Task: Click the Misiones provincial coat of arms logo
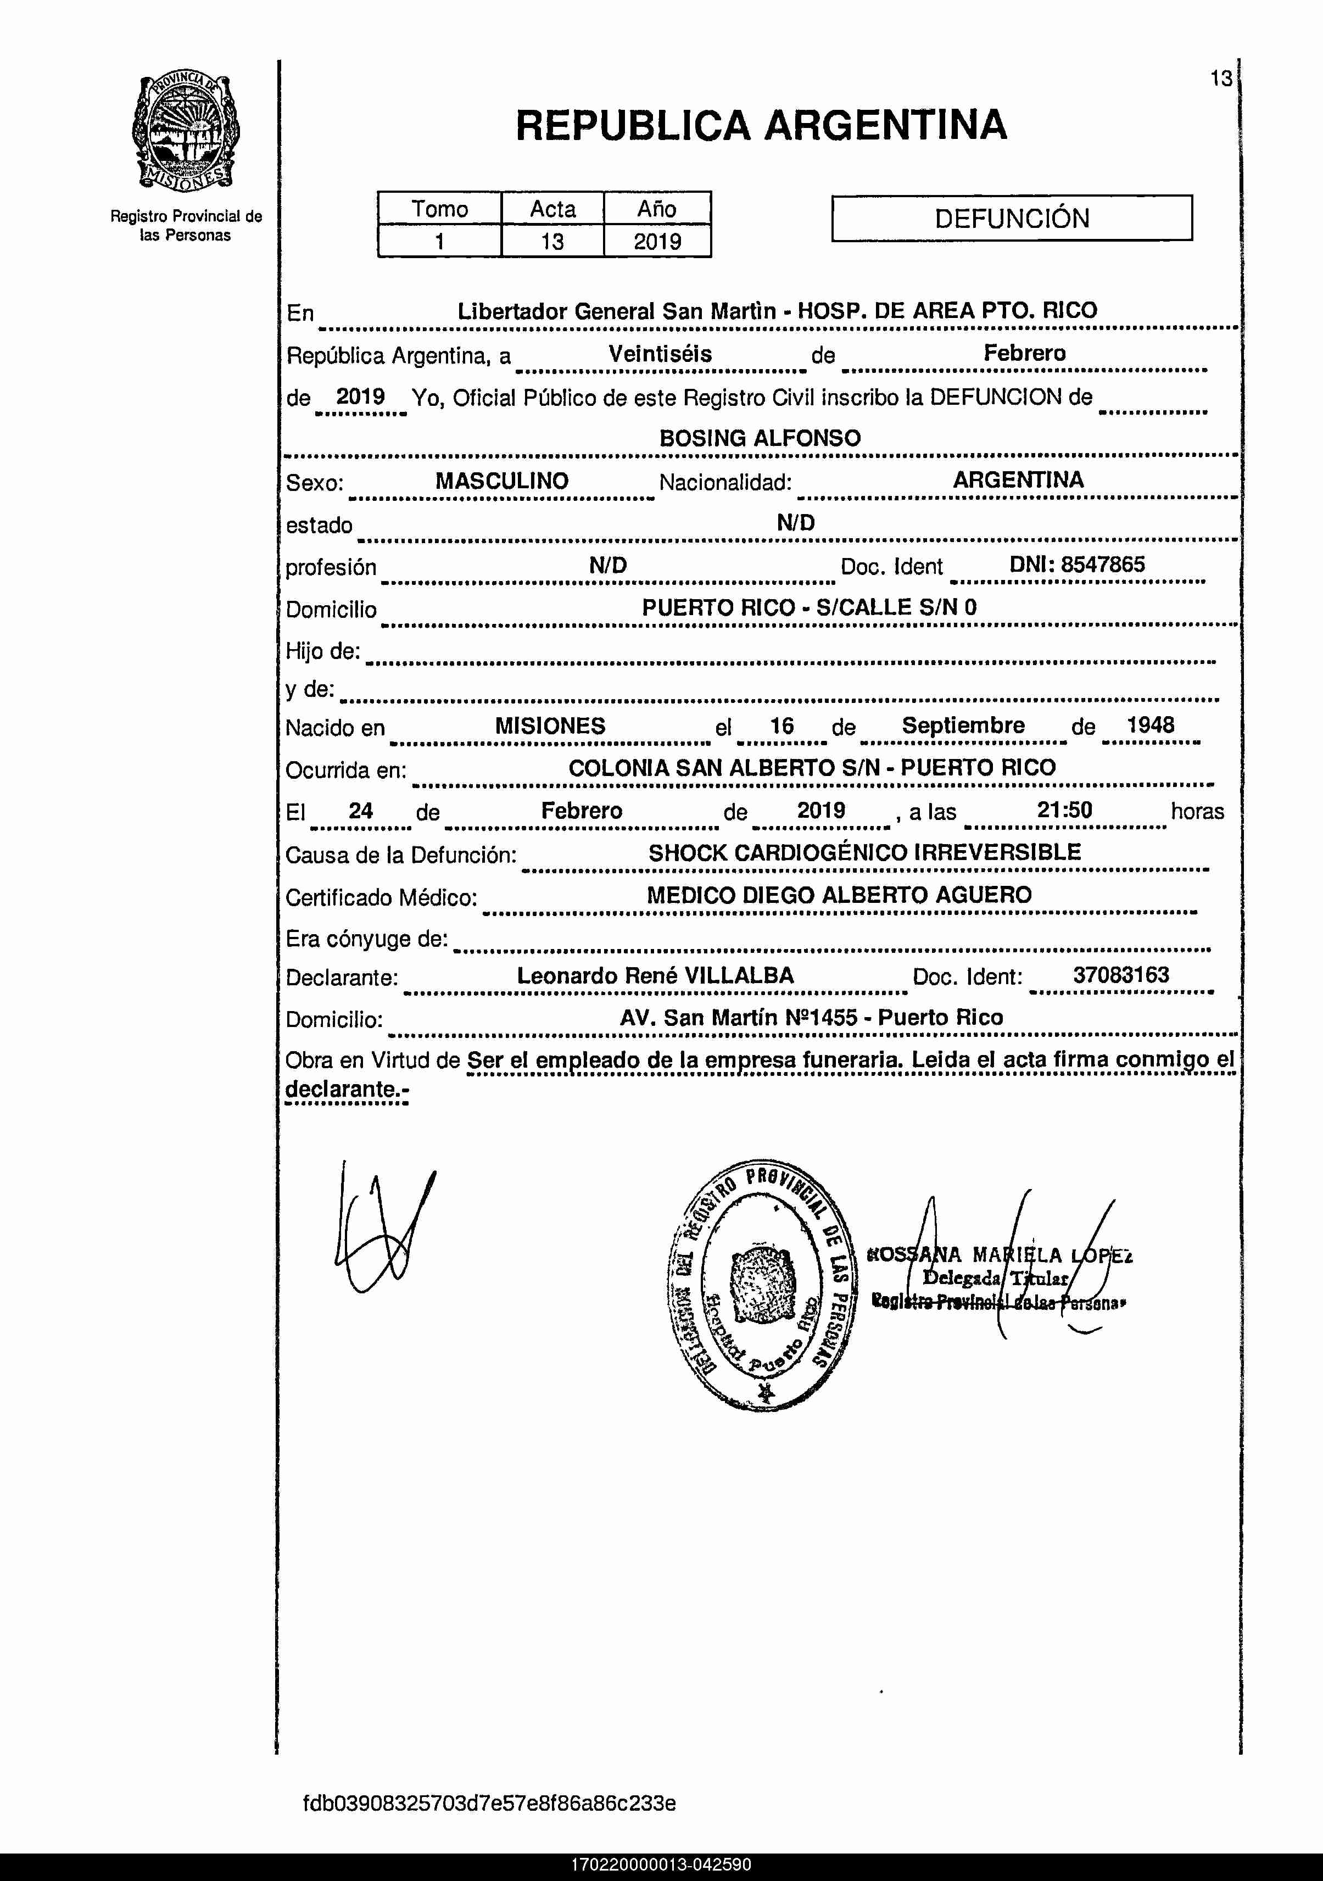tap(186, 131)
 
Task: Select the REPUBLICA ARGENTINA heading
tap(761, 125)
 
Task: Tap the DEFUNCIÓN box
tap(1012, 218)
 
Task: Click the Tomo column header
tap(439, 209)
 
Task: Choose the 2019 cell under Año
tap(657, 242)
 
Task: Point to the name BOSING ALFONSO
tap(760, 438)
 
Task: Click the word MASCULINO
tap(501, 481)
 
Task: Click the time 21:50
tap(1064, 810)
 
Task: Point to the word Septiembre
tap(963, 725)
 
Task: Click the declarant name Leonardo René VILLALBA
tap(655, 975)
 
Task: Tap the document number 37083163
tap(1121, 975)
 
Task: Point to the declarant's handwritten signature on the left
tap(381, 1229)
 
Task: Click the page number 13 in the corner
tap(1221, 79)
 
